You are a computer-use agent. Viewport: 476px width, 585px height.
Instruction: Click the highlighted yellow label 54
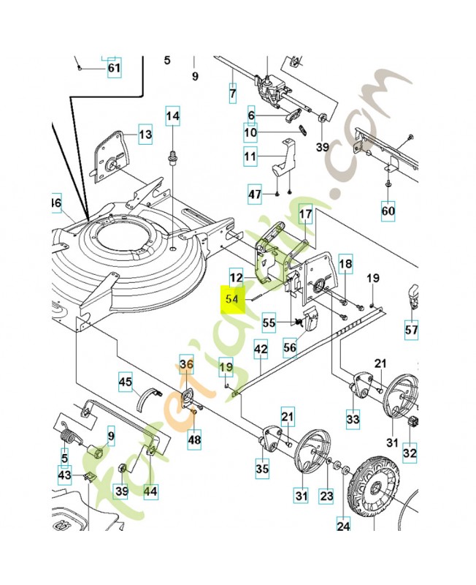coord(233,300)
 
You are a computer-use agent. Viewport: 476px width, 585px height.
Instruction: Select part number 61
coord(114,69)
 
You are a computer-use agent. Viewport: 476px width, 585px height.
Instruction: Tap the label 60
coord(388,212)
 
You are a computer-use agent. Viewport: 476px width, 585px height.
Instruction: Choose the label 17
coord(305,214)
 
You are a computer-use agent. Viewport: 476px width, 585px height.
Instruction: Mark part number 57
coord(412,331)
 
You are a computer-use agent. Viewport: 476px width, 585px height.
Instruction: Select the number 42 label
coord(261,350)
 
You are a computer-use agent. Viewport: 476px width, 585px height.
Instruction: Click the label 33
coord(353,420)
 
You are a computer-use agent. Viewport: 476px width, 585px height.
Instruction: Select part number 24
coord(343,524)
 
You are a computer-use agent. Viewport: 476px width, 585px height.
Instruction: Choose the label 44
coord(149,491)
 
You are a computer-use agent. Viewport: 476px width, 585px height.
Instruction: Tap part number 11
coord(250,156)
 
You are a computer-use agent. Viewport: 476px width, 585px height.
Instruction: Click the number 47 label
coord(254,195)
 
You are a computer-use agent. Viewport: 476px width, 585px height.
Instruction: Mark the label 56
coord(290,348)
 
